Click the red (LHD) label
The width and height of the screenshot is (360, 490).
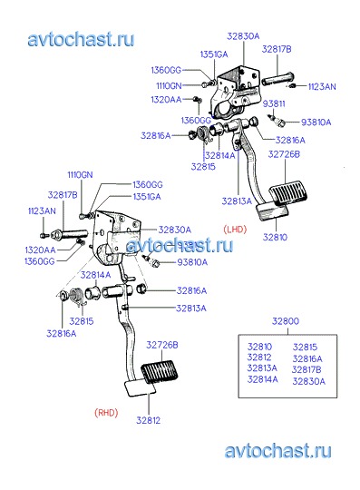coord(235,230)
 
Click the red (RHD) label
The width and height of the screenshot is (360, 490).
coord(106,413)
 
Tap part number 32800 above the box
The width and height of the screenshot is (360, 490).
coord(286,321)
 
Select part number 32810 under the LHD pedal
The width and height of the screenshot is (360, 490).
coord(275,237)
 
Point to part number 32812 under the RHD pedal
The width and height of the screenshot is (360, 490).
coord(149,420)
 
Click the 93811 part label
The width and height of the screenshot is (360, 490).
coord(274,103)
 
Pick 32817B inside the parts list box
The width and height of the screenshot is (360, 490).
coord(306,369)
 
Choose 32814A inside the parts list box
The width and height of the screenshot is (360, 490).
coord(263,379)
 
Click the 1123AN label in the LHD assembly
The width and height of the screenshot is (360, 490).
coord(322,86)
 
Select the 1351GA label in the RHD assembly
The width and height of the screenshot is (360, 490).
coord(147,197)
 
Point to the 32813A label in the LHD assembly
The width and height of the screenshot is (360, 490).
coord(237,201)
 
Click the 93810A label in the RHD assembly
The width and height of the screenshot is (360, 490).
coord(192,262)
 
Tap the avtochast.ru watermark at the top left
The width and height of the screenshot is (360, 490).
coord(81,39)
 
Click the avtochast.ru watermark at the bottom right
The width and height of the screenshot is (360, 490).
coord(277,451)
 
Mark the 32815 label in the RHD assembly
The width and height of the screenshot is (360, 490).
coord(82,321)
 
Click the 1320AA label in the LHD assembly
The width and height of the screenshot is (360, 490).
coord(166,100)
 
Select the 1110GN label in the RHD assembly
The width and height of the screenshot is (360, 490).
coord(80,175)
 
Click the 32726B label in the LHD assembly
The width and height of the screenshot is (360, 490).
coord(284,154)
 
